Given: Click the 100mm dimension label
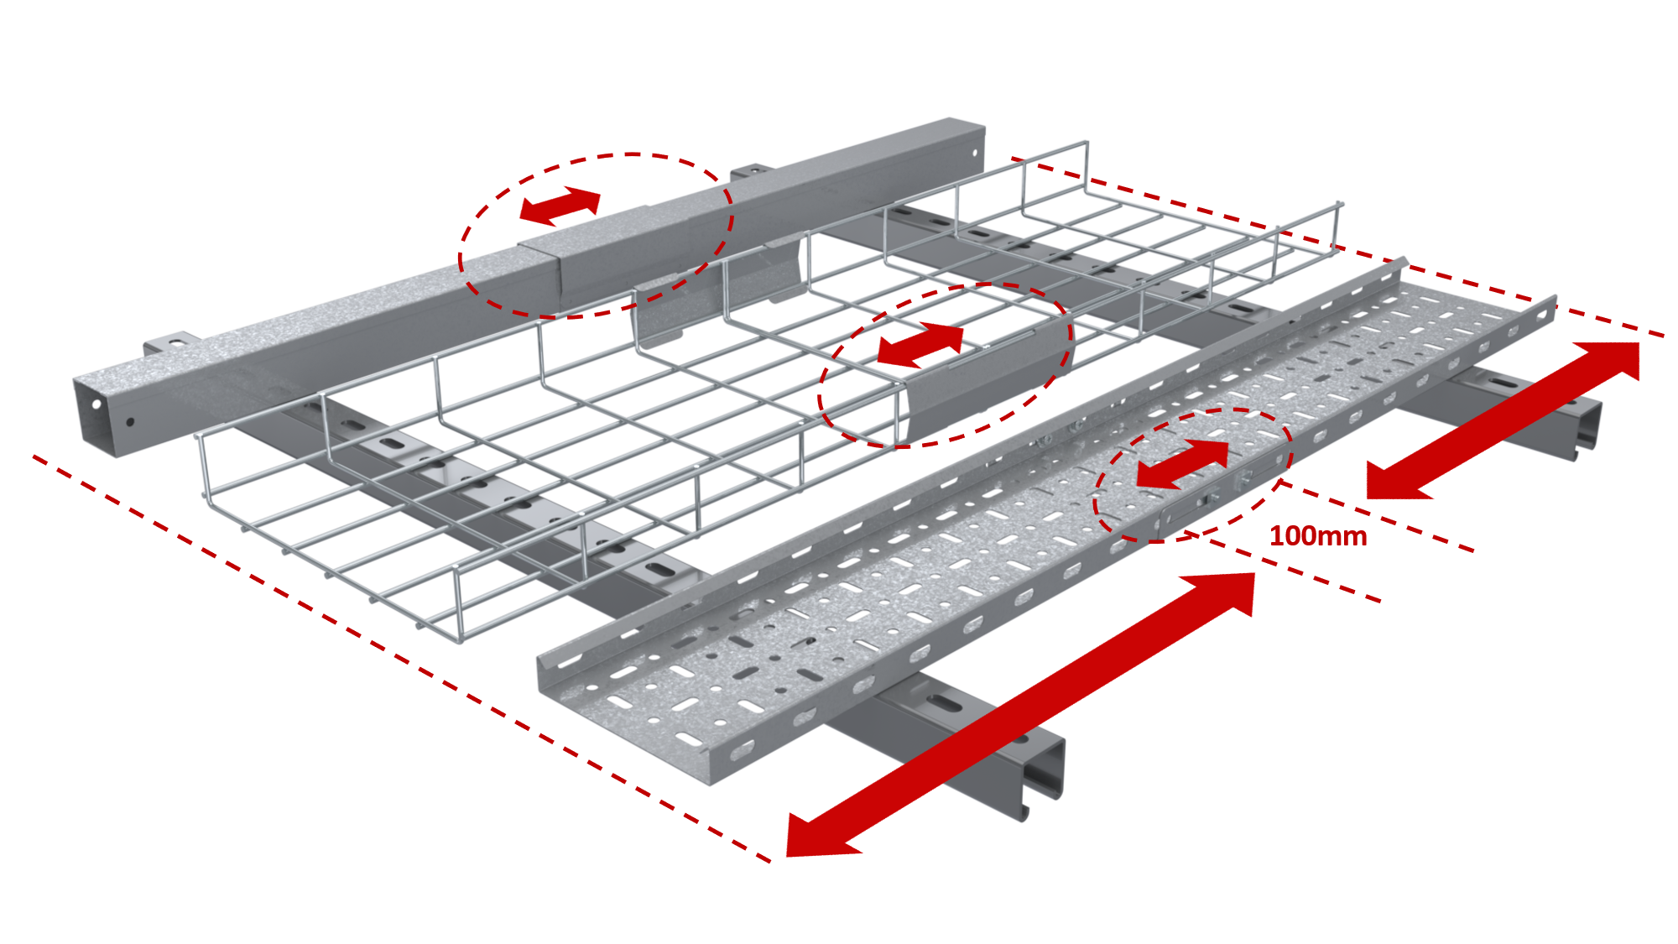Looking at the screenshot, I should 1318,536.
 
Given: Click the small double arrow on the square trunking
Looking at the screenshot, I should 560,206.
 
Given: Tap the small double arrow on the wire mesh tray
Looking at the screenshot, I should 920,344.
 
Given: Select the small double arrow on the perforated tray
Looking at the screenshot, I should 1182,463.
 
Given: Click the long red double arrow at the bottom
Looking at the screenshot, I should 1020,716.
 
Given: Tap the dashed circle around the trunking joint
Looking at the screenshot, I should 596,235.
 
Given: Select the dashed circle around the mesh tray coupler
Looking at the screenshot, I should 945,365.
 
